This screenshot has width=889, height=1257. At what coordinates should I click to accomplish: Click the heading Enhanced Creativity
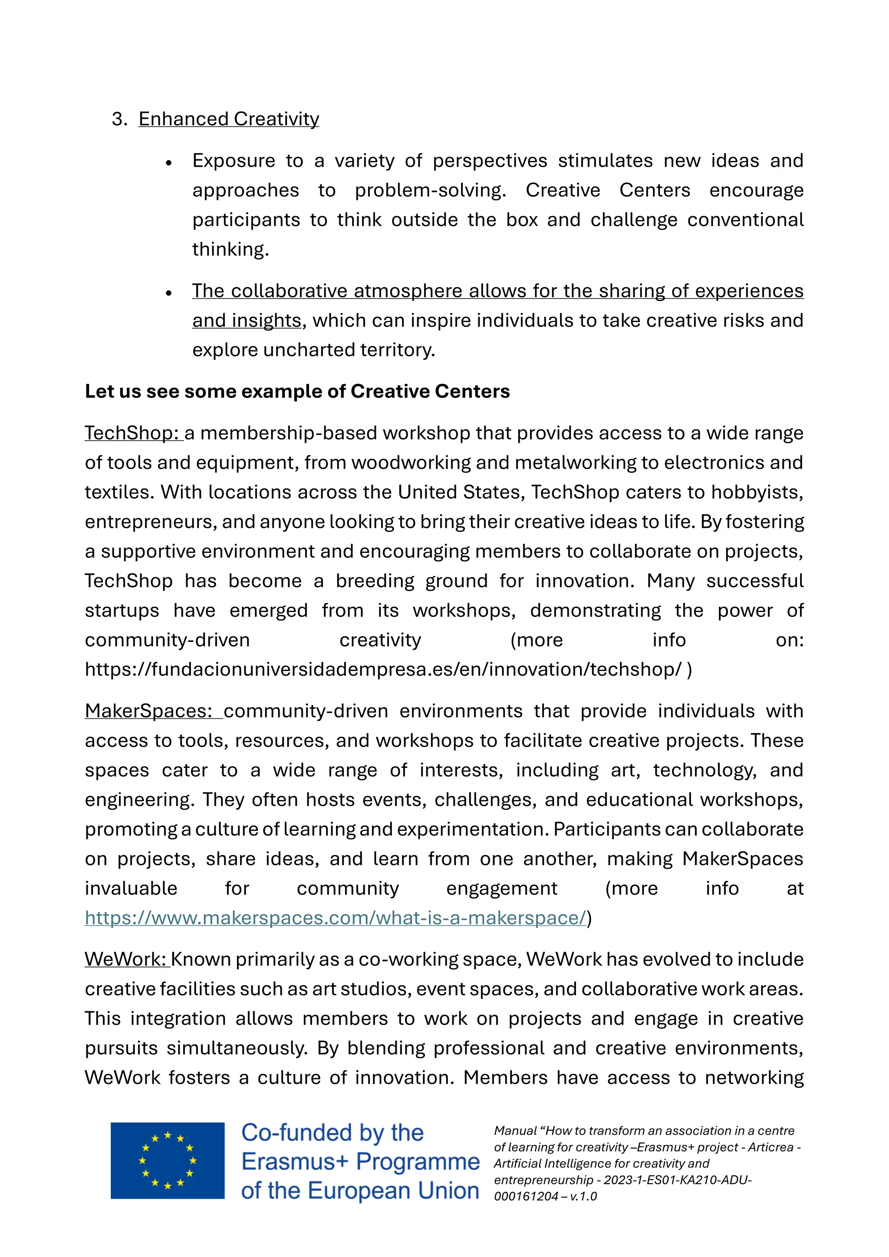point(228,119)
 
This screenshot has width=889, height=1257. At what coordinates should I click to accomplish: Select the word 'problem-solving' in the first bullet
point(430,190)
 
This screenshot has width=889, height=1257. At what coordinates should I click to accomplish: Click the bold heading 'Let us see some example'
point(297,392)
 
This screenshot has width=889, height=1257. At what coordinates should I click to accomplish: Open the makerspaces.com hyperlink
point(335,918)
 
